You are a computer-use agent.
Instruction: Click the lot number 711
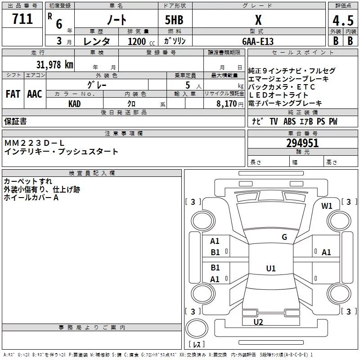pyautogui.click(x=22, y=18)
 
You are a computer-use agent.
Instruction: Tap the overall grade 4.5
pyautogui.click(x=343, y=21)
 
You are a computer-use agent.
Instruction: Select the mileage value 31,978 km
pyautogui.click(x=54, y=64)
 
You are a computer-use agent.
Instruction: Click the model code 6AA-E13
pyautogui.click(x=258, y=41)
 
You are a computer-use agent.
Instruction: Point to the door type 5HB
pyautogui.click(x=174, y=20)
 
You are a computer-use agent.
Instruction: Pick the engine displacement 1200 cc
pyautogui.click(x=141, y=41)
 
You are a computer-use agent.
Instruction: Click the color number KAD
pyautogui.click(x=74, y=104)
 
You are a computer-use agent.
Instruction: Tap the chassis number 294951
pyautogui.click(x=302, y=143)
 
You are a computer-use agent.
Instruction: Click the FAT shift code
pyautogui.click(x=13, y=94)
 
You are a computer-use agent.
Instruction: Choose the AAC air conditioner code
pyautogui.click(x=35, y=94)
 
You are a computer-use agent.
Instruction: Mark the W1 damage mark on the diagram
pyautogui.click(x=327, y=206)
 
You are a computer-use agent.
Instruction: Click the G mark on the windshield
pyautogui.click(x=284, y=237)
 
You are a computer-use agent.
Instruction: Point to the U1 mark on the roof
pyautogui.click(x=271, y=268)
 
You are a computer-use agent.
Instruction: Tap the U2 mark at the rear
pyautogui.click(x=258, y=322)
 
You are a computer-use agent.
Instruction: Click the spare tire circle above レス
pyautogui.click(x=197, y=328)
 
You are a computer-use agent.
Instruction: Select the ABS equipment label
pyautogui.click(x=289, y=121)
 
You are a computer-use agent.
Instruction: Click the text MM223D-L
pyautogui.click(x=35, y=143)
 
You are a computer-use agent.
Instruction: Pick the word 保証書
pyautogui.click(x=15, y=121)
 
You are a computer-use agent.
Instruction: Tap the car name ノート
pyautogui.click(x=117, y=20)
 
